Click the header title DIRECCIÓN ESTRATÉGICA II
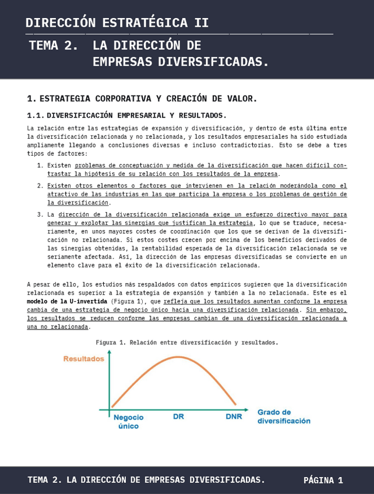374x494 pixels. (x=117, y=23)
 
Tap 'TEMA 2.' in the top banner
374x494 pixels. (x=53, y=46)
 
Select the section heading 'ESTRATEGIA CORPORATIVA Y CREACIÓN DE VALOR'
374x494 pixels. (x=149, y=98)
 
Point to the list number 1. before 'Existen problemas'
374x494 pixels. (x=40, y=165)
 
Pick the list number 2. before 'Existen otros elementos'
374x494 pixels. (x=40, y=186)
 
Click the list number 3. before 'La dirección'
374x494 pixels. (x=40, y=214)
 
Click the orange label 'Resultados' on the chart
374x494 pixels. (x=84, y=359)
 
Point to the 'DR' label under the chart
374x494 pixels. (x=179, y=417)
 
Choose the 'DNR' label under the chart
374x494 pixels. (x=234, y=417)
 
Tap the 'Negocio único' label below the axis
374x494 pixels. (x=129, y=421)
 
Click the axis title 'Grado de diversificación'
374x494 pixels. (x=284, y=416)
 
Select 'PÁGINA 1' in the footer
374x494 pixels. (x=323, y=481)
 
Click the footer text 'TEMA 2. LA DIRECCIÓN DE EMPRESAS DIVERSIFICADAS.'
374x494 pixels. (x=146, y=480)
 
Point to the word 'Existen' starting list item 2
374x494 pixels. (x=59, y=186)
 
